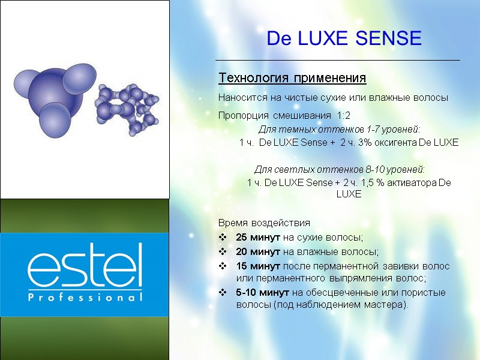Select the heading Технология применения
(292, 79)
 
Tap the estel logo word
(85, 266)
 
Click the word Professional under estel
(85, 297)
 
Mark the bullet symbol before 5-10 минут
(223, 292)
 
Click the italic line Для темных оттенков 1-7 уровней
(339, 130)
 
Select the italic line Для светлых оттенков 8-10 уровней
(340, 169)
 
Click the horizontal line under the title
(337, 61)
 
